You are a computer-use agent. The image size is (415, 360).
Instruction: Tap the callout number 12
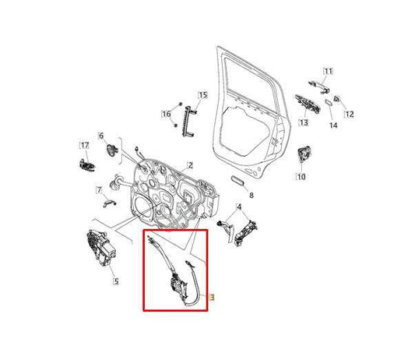click(x=349, y=115)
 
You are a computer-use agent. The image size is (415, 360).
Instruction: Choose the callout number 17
click(x=84, y=144)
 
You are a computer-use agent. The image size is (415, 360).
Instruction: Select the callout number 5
click(x=115, y=281)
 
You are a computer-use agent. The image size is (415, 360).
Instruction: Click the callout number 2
click(x=189, y=165)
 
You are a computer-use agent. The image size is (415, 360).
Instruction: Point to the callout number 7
click(x=100, y=190)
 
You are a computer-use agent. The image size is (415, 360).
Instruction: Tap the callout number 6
click(x=100, y=136)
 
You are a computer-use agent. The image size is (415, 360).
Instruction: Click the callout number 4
click(x=240, y=206)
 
